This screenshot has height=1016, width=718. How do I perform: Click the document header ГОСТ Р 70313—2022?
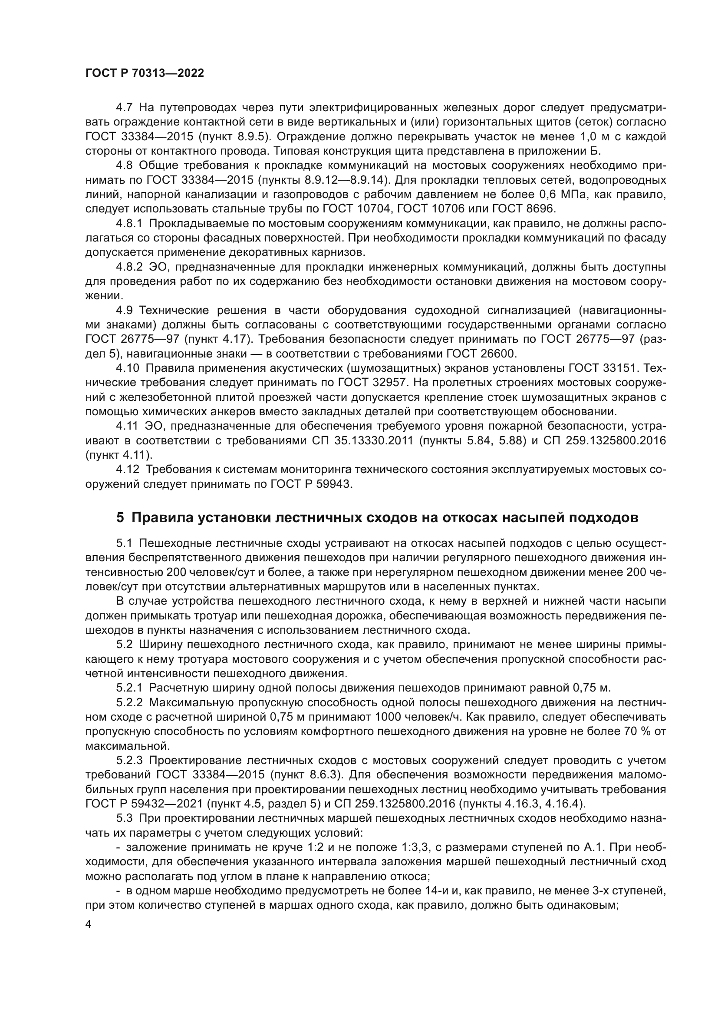[145, 73]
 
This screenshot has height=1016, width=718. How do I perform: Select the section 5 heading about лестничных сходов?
[377, 517]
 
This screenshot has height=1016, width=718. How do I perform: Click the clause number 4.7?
[124, 108]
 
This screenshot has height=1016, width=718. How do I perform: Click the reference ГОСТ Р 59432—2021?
[144, 804]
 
